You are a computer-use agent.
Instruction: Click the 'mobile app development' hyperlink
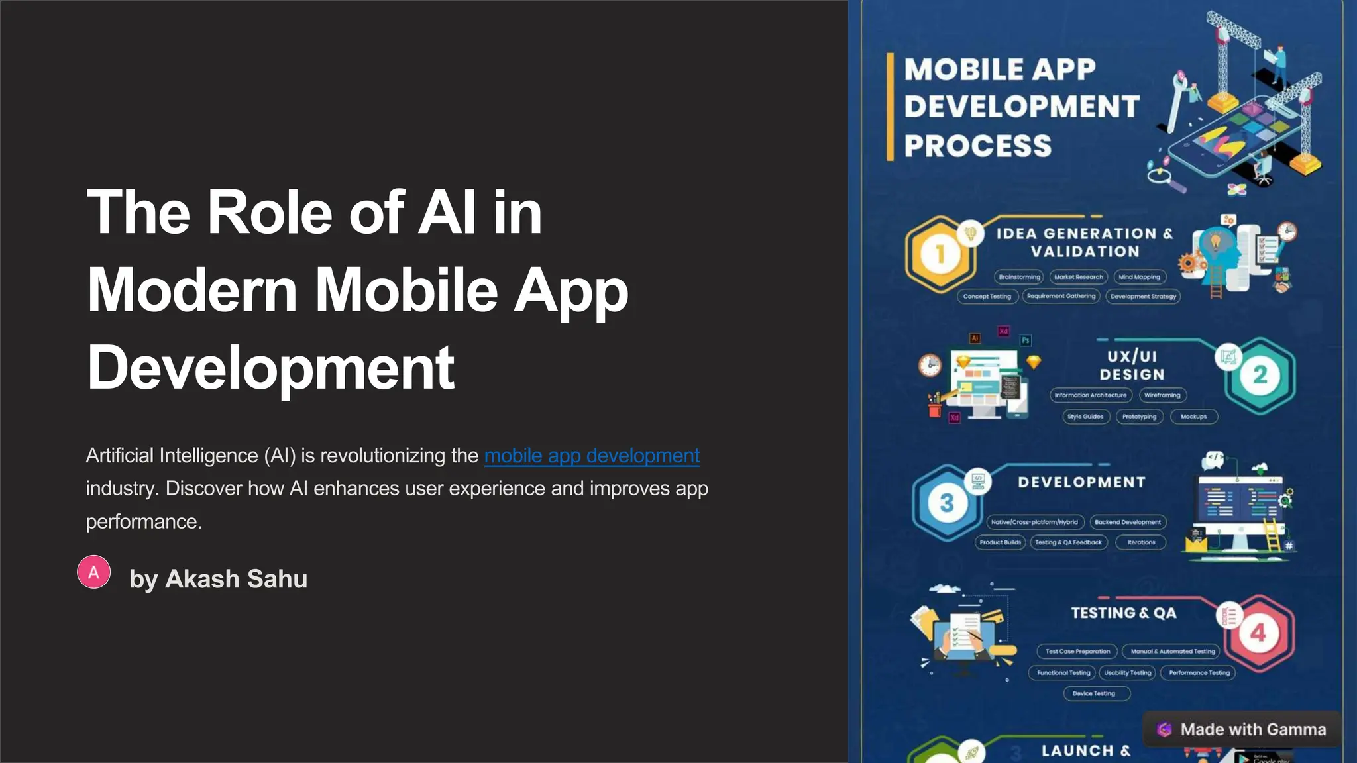coord(592,456)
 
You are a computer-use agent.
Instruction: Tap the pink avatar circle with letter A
coord(94,572)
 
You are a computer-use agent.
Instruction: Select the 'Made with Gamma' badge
coord(1242,729)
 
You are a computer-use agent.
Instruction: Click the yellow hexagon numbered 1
coord(940,254)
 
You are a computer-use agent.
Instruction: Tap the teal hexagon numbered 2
coord(1260,375)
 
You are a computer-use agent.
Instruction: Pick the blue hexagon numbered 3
coord(946,503)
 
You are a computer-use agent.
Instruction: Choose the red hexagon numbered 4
coord(1258,633)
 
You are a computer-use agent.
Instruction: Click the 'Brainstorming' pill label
coord(1019,277)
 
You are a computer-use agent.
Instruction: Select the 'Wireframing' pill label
coord(1162,395)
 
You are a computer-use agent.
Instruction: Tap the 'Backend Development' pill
coord(1128,522)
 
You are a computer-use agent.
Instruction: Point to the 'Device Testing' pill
coord(1094,693)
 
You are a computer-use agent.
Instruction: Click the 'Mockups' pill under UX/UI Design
coord(1193,417)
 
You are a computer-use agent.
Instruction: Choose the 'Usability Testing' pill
coord(1127,673)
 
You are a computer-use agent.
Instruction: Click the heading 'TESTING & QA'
coord(1124,613)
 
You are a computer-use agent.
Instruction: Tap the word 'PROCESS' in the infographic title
coord(978,146)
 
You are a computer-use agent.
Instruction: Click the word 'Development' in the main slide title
coord(270,368)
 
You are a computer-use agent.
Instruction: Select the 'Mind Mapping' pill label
coord(1139,277)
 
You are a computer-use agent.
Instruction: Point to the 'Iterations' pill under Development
coord(1141,542)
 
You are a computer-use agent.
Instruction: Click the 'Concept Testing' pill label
coord(987,297)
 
